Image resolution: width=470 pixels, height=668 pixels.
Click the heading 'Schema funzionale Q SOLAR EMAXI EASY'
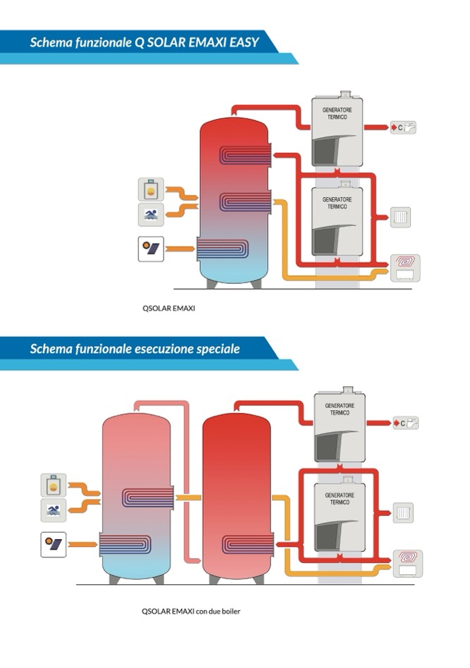pyautogui.click(x=144, y=42)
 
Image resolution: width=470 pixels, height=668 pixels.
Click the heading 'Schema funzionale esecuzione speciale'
pyautogui.click(x=135, y=349)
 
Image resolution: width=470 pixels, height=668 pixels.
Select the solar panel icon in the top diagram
pyautogui.click(x=151, y=249)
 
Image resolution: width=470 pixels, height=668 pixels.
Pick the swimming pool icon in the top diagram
pyautogui.click(x=151, y=214)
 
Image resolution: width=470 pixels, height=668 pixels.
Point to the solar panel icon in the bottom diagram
pyautogui.click(x=54, y=544)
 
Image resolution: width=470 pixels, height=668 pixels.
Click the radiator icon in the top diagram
pyautogui.click(x=401, y=217)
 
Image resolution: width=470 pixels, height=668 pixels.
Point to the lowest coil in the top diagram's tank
pyautogui.click(x=222, y=249)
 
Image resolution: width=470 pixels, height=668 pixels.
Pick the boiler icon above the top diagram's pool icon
pyautogui.click(x=151, y=190)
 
